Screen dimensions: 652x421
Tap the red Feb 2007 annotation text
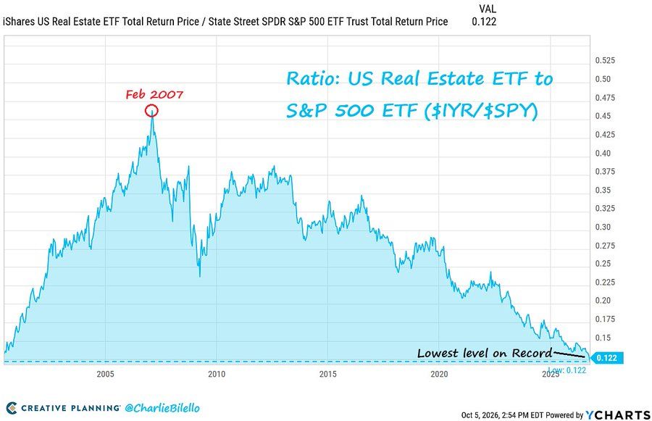tap(154, 94)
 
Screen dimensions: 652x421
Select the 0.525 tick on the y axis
tap(605, 60)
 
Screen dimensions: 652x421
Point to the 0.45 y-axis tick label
tap(603, 116)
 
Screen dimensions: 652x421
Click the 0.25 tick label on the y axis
tap(603, 263)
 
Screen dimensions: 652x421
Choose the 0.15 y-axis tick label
tap(603, 338)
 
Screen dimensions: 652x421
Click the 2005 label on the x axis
tap(105, 374)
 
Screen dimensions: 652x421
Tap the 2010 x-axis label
tap(217, 374)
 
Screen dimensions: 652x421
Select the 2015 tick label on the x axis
tap(327, 374)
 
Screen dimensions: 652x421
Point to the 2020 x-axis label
tap(439, 374)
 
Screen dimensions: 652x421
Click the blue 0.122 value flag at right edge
tap(606, 358)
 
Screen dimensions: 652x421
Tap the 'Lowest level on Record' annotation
tap(485, 353)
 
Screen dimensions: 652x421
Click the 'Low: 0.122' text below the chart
tap(567, 370)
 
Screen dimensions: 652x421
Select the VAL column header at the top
tap(488, 9)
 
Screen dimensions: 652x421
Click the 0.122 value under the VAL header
tap(484, 22)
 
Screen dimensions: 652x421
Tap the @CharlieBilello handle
tap(162, 408)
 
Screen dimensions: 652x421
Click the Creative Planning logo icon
tap(12, 408)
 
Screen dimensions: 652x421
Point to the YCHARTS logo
tap(618, 414)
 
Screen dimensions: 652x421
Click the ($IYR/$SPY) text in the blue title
tap(480, 111)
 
